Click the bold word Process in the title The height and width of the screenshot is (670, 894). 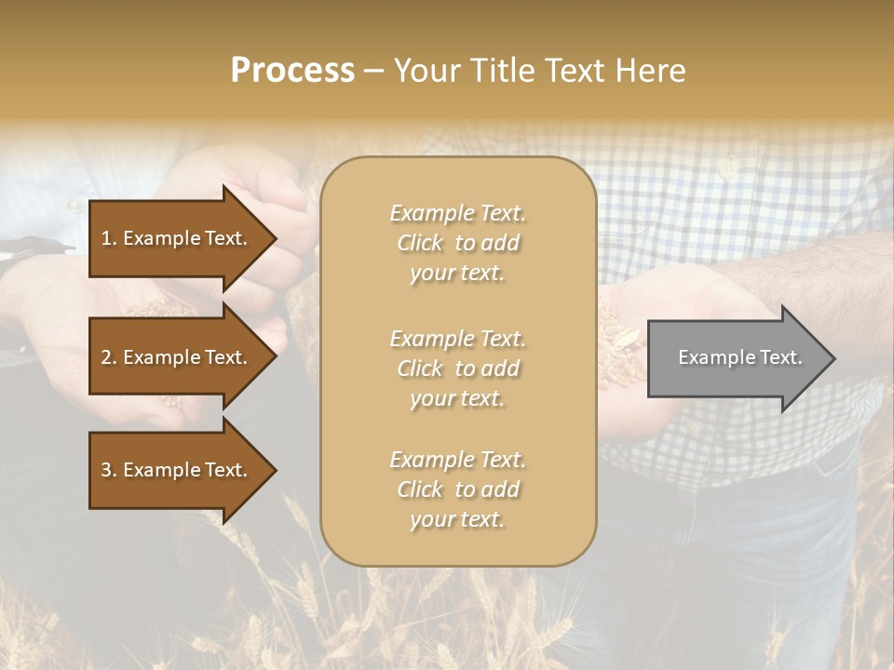click(292, 71)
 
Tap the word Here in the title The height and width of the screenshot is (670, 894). click(652, 71)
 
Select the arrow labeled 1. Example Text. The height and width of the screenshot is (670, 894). click(177, 238)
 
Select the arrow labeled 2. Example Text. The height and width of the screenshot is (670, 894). click(177, 357)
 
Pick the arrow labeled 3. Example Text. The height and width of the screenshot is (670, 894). click(177, 470)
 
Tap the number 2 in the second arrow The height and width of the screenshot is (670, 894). click(106, 357)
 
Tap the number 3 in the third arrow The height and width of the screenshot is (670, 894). click(106, 470)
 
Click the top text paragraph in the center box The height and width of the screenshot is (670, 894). click(457, 243)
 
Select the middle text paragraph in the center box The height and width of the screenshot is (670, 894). click(457, 368)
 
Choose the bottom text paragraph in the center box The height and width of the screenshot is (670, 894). click(457, 489)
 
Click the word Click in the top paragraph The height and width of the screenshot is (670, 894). click(420, 243)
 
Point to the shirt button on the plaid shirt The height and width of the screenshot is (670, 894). click(729, 167)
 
